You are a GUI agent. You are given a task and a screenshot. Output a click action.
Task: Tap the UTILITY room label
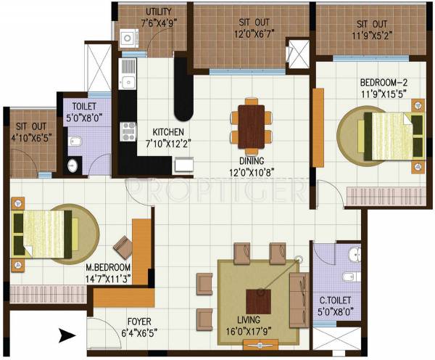pos(158,12)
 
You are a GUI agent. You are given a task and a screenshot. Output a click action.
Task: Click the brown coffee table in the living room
pos(257,300)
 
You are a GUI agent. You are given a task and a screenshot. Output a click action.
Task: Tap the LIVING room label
pos(254,320)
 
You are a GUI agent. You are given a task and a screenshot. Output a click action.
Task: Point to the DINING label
pos(249,161)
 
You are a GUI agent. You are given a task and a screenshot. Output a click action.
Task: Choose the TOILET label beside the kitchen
pos(84,105)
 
